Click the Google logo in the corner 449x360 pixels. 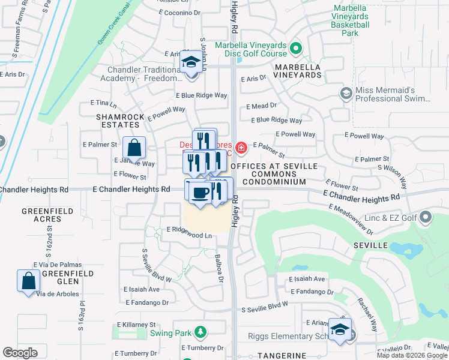click(20, 353)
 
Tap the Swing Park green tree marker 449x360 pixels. click(200, 332)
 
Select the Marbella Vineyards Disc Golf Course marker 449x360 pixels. click(295, 48)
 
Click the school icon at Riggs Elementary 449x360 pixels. click(340, 329)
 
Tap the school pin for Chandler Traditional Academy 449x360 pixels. click(191, 62)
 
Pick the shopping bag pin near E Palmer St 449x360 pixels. click(134, 147)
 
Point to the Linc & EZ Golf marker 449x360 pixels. click(426, 216)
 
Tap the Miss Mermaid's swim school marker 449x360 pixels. click(346, 93)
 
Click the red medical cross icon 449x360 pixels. click(241, 147)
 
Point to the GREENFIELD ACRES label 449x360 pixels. click(47, 215)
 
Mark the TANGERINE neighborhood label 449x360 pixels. click(282, 356)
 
